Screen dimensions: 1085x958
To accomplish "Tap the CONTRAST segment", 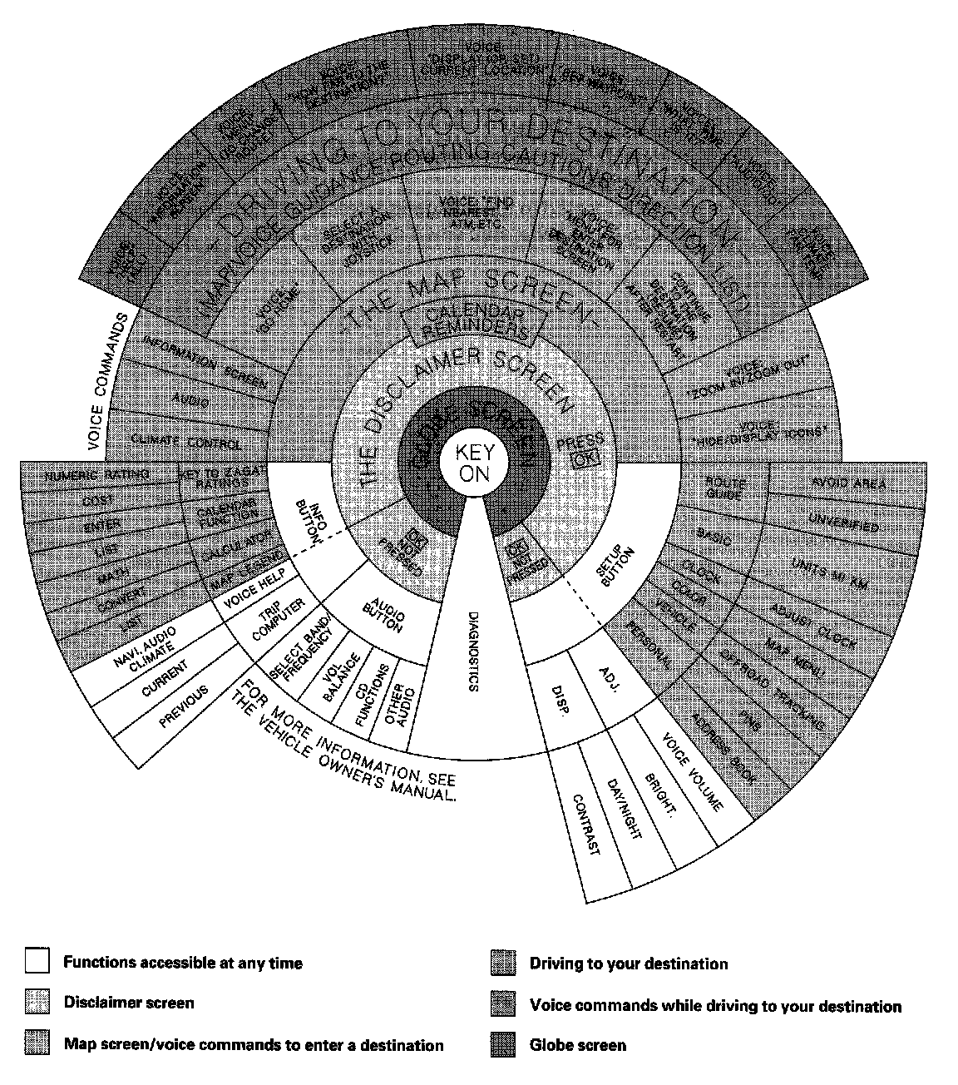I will tap(585, 824).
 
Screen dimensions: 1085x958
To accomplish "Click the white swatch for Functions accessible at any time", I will tap(37, 963).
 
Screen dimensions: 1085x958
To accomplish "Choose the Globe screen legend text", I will tap(577, 1044).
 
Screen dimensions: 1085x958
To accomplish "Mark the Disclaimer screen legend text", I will tap(128, 1003).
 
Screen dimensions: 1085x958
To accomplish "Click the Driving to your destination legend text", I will tap(628, 964).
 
